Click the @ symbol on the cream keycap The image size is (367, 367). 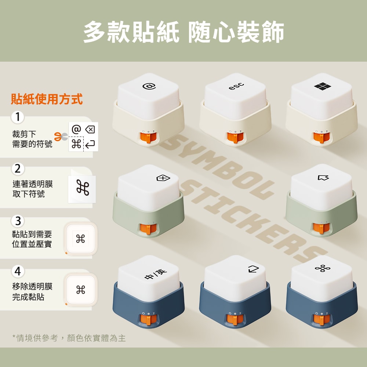pyautogui.click(x=149, y=87)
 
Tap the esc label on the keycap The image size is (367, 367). pyautogui.click(x=236, y=86)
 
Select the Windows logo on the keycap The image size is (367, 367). pyautogui.click(x=323, y=86)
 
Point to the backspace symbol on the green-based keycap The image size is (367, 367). pyautogui.click(x=163, y=178)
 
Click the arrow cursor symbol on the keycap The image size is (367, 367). pyautogui.click(x=323, y=178)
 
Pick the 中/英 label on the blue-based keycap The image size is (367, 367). pyautogui.click(x=156, y=274)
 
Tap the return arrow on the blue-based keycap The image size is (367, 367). pyautogui.click(x=254, y=269)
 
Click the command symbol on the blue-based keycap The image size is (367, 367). pyautogui.click(x=323, y=268)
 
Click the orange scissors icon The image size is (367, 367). pyautogui.click(x=61, y=137)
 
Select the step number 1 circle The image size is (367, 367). pyautogui.click(x=18, y=117)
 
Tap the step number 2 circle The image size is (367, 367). pyautogui.click(x=18, y=169)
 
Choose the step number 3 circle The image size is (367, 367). pyautogui.click(x=18, y=221)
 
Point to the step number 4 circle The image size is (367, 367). pyautogui.click(x=18, y=271)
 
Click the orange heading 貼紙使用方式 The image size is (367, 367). pyautogui.click(x=47, y=99)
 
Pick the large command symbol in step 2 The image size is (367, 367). pyautogui.click(x=83, y=188)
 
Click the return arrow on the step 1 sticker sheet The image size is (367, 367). pyautogui.click(x=90, y=144)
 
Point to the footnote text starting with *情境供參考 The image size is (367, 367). pyautogui.click(x=69, y=338)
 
